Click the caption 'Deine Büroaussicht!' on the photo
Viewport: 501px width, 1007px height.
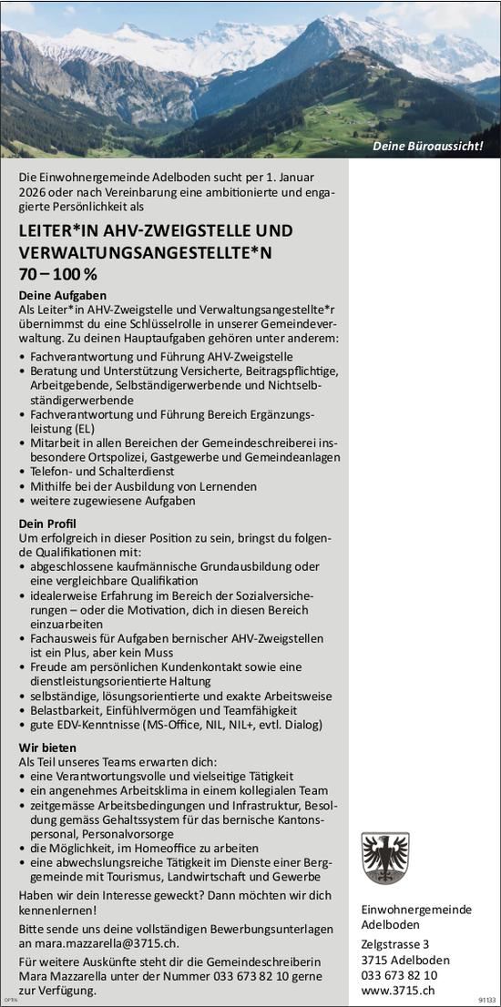(427, 146)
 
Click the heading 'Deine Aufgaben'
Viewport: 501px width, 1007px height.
(63, 296)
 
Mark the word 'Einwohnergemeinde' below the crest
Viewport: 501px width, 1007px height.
(414, 909)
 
